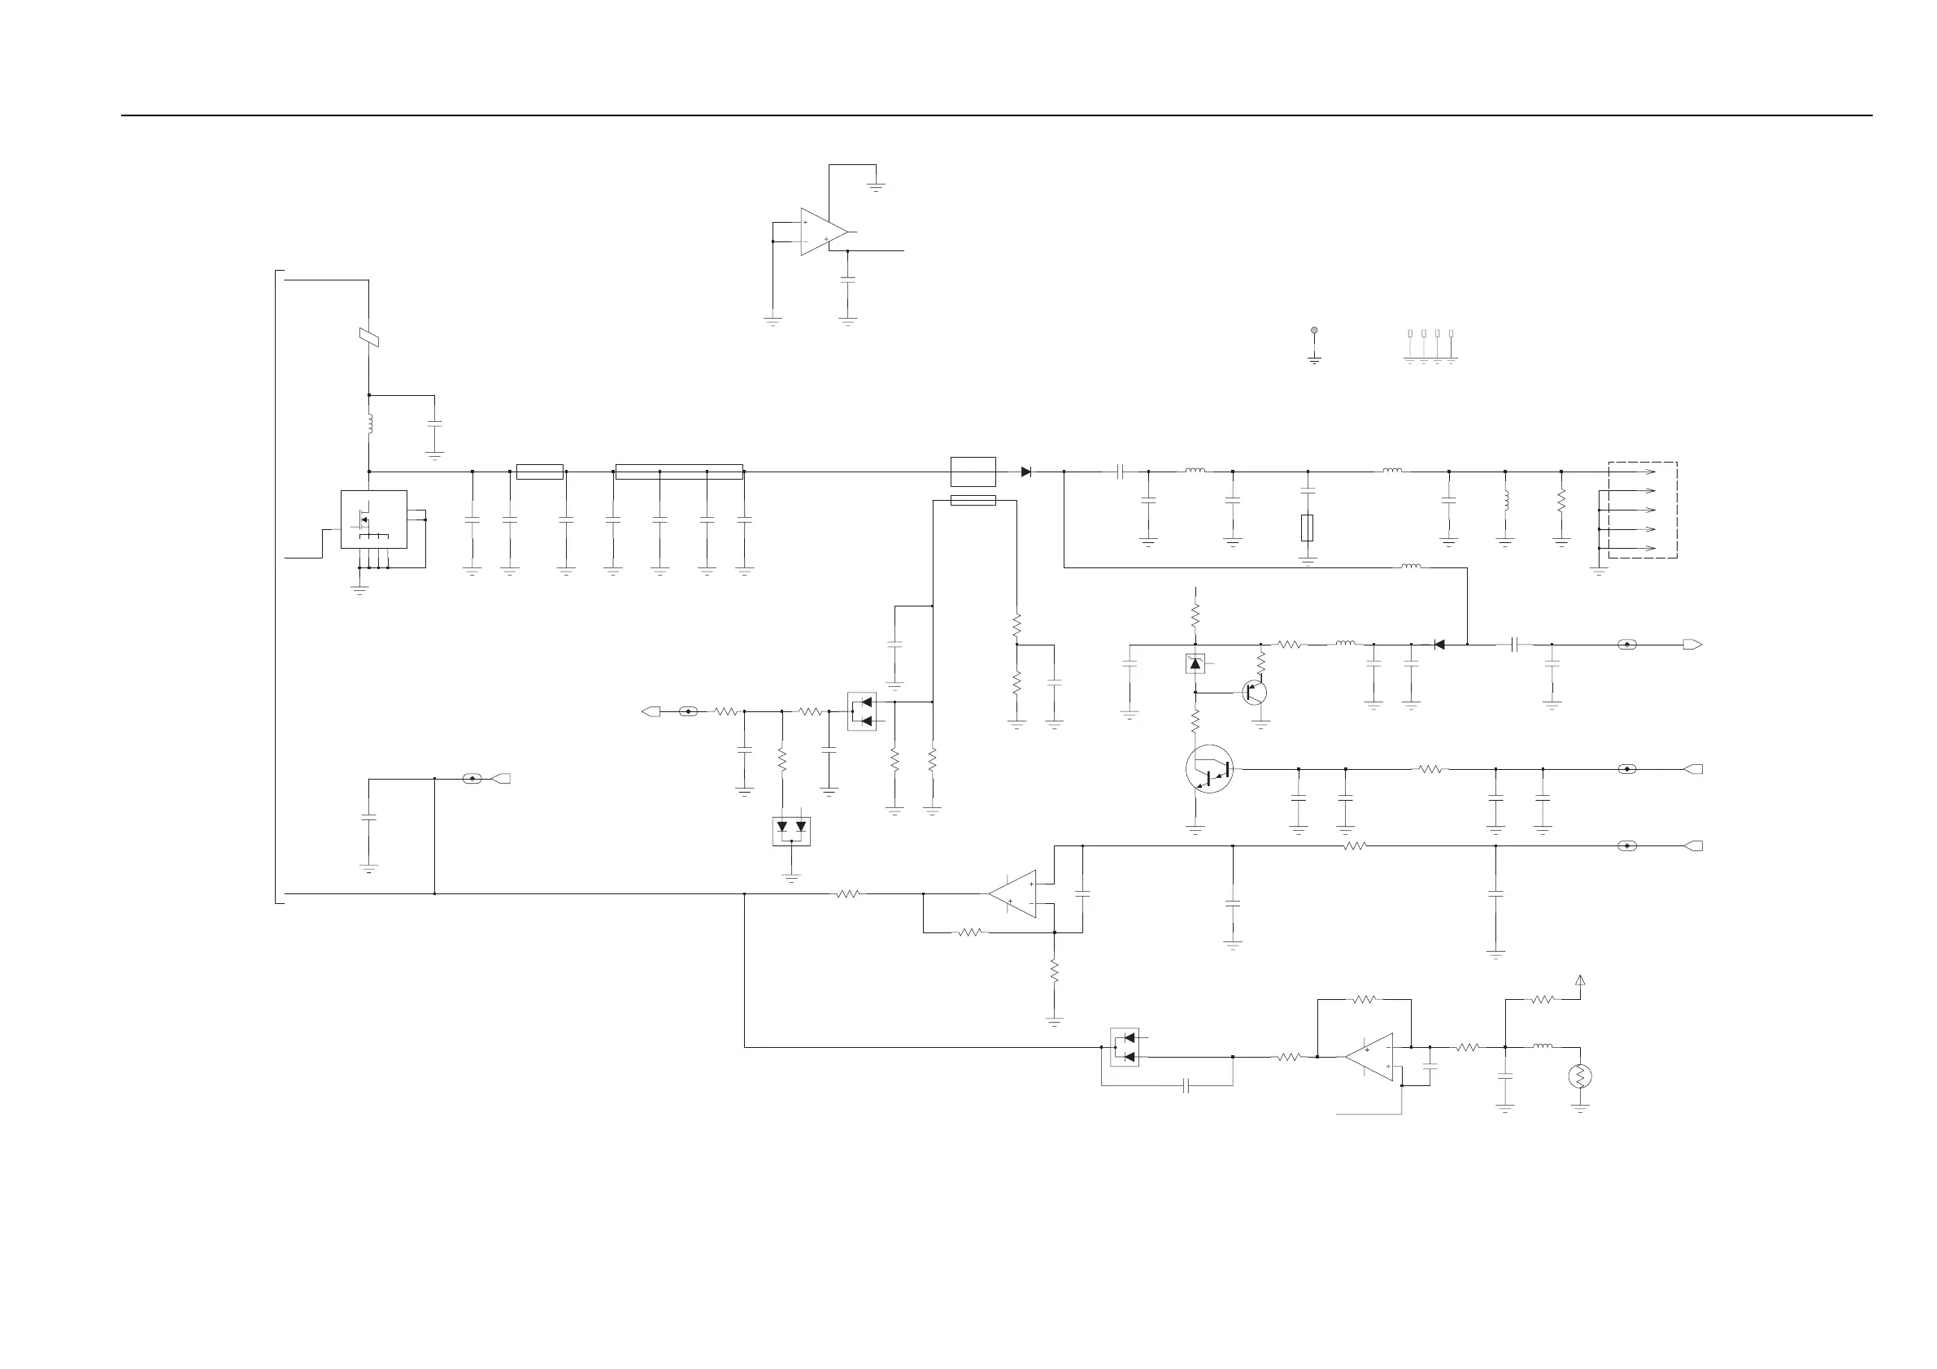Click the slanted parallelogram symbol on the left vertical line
tap(368, 337)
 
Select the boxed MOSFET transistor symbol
tap(374, 519)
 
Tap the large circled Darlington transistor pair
tap(1209, 769)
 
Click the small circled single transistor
tap(1254, 693)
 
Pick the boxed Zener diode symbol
tap(1195, 664)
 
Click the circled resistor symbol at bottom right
tap(1579, 1076)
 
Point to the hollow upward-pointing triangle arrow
tap(1580, 980)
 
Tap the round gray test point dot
tap(1313, 331)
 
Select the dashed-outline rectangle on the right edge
tap(1643, 510)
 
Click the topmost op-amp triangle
tap(823, 231)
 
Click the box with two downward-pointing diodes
tap(791, 831)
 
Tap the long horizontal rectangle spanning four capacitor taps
tap(679, 472)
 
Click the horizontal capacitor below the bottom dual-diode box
tap(1186, 1085)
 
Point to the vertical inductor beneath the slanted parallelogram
tap(369, 424)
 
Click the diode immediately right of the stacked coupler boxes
tap(1026, 472)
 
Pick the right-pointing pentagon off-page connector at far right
tap(1692, 645)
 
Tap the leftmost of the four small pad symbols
tap(1410, 334)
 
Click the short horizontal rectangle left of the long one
tap(539, 472)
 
